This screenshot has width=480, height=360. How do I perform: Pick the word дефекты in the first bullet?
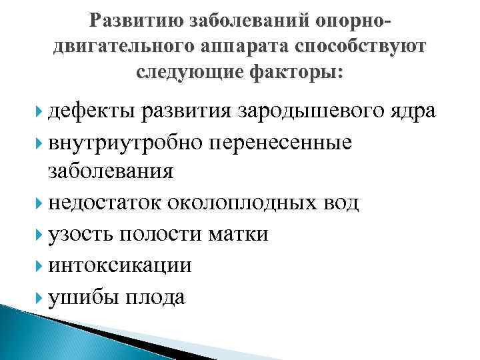coord(88,111)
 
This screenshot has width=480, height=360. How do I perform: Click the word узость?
coord(79,234)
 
